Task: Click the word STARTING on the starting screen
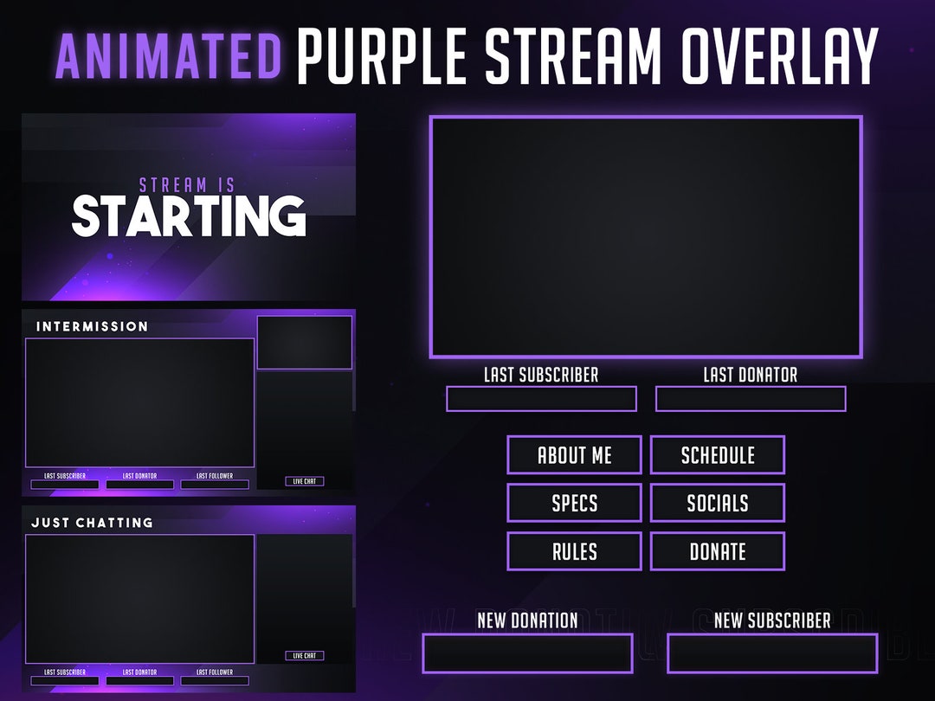pos(189,216)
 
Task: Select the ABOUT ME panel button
pos(574,455)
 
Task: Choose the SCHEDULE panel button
pos(718,455)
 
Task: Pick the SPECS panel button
pos(574,503)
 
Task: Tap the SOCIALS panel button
pos(718,503)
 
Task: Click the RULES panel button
pos(574,551)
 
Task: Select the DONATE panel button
pos(718,551)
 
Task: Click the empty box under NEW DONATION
pos(527,653)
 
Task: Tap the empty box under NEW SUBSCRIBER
pos(772,653)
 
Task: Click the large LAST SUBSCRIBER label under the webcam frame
pos(541,375)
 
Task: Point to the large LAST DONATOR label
pos(751,375)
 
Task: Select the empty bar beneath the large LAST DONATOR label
pos(751,399)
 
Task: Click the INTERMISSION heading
pos(93,326)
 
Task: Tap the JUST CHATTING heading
pos(93,523)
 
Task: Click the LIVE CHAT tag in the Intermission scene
pos(305,481)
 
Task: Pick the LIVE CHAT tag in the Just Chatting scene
pos(305,656)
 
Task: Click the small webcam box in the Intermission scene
pos(305,343)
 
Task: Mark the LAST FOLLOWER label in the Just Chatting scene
pos(215,672)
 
